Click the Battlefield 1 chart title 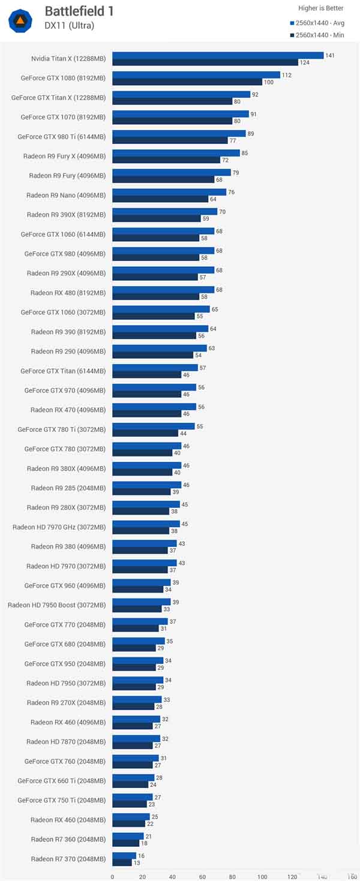79,11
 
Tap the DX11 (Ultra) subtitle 69,25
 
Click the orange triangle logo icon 20,21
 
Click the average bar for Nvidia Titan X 218,55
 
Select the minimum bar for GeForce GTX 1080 187,82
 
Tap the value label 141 329,55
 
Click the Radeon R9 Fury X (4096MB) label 64,156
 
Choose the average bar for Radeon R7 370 124,856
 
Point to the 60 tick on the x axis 202,876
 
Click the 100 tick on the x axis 262,876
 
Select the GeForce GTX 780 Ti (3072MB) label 61,429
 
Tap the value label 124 304,62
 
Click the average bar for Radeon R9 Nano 169,192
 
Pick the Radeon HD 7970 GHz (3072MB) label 59,527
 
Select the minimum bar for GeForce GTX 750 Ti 129,804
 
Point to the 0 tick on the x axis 112,876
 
